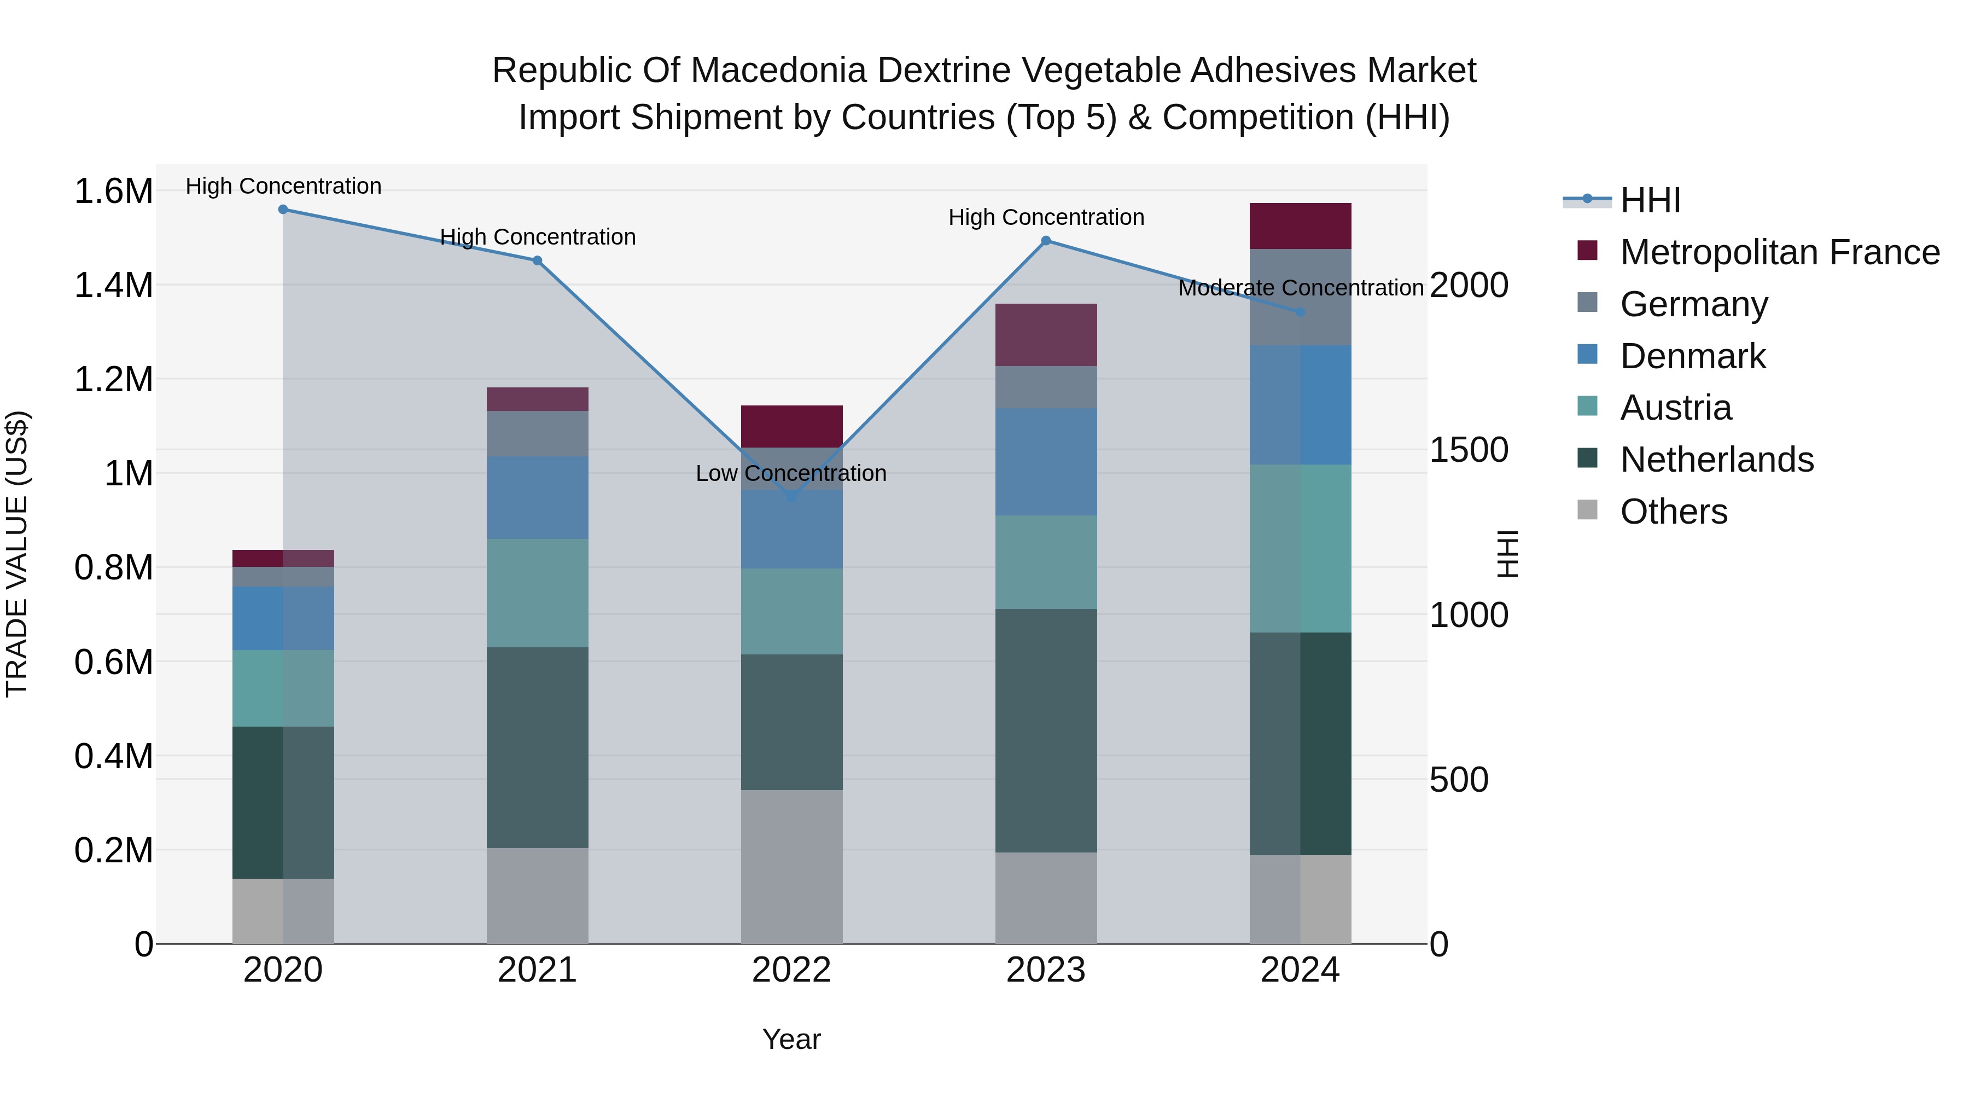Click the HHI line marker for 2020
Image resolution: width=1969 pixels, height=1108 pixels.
[x=283, y=209]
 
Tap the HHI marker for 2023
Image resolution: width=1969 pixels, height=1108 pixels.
[x=1046, y=241]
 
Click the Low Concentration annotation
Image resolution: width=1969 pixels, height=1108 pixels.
[x=791, y=473]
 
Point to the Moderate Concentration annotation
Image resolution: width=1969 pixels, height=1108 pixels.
[x=1300, y=288]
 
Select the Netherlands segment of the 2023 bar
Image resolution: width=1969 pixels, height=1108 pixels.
[x=1046, y=730]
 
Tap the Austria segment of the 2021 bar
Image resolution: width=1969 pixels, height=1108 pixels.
[x=537, y=593]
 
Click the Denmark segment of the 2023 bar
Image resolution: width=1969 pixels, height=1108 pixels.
[x=1046, y=461]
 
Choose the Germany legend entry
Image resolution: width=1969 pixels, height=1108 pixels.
[x=1693, y=304]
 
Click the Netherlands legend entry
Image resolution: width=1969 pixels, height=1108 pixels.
[x=1716, y=460]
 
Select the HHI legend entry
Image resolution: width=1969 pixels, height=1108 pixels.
[x=1650, y=200]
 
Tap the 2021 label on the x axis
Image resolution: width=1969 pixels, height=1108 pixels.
[x=537, y=970]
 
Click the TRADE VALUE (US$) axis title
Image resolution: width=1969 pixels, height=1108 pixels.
[x=17, y=554]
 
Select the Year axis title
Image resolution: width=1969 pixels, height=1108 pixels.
[x=791, y=1039]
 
